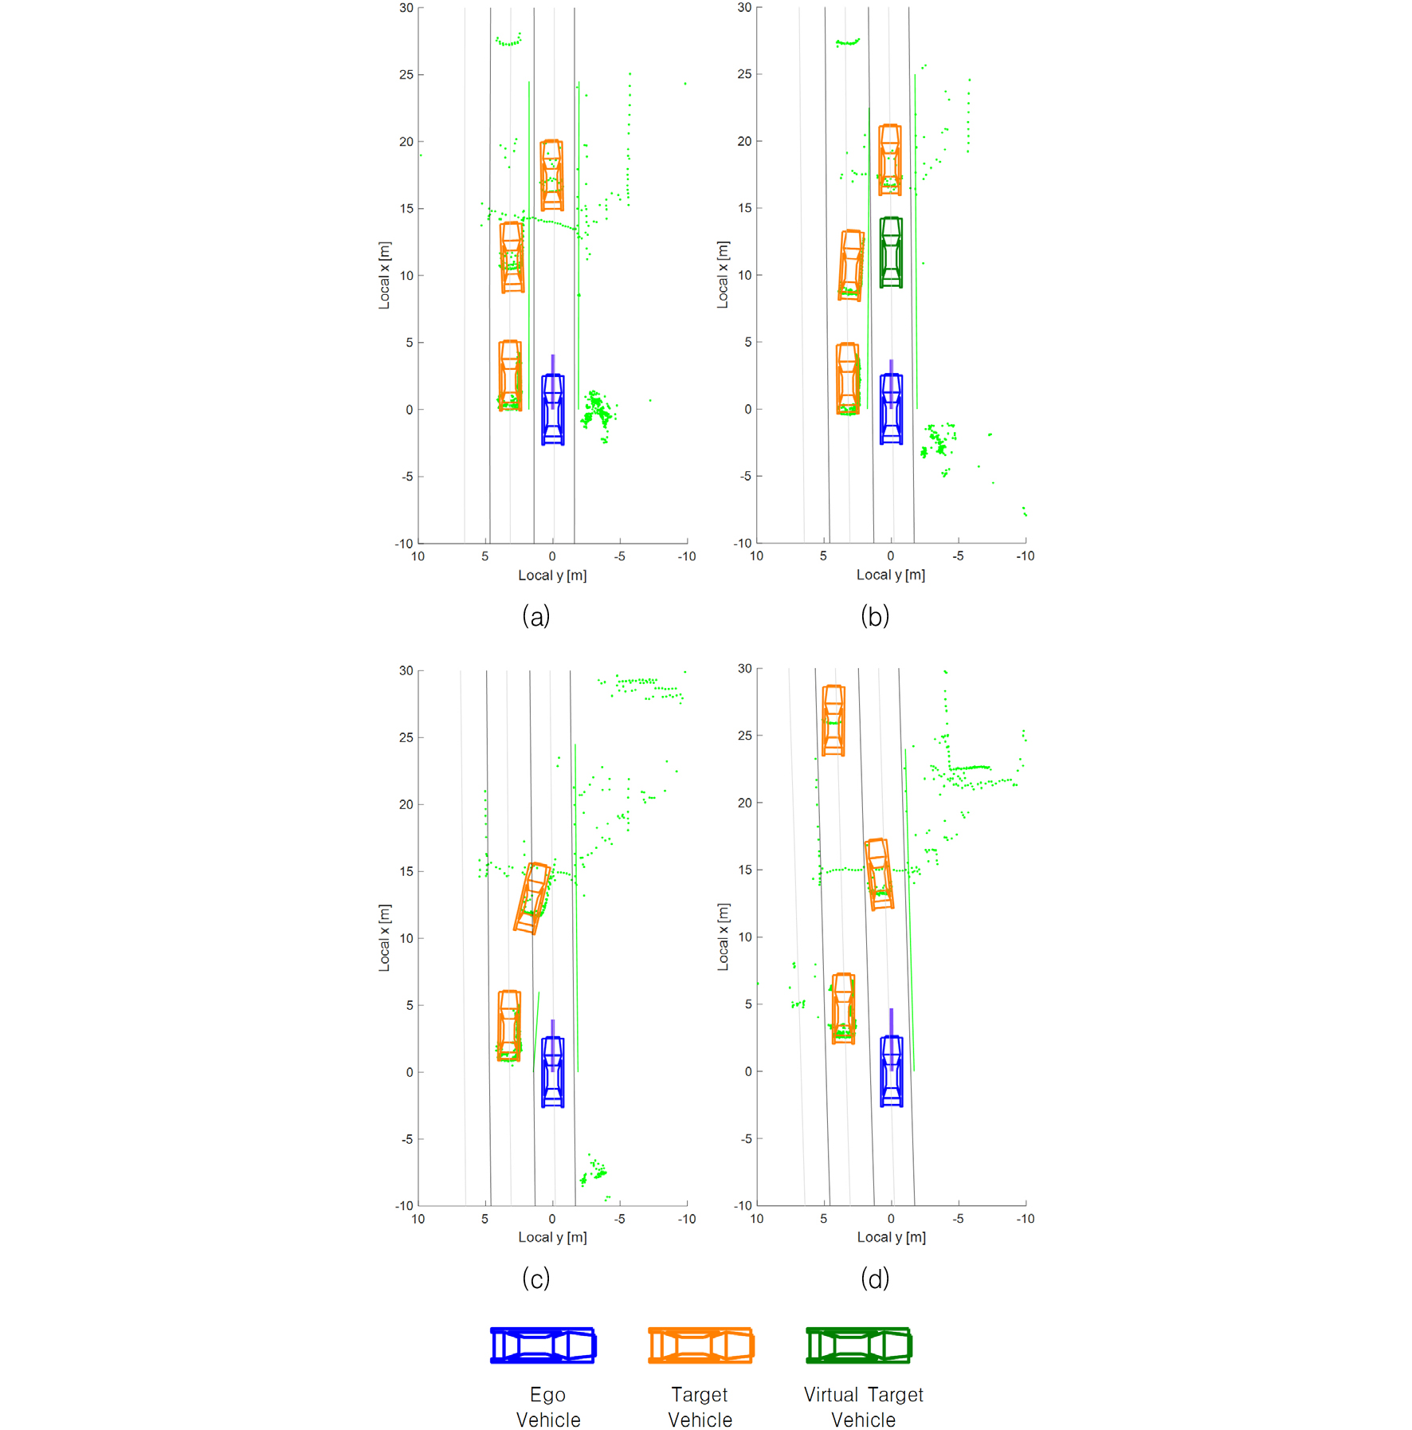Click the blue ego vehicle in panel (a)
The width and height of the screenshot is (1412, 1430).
point(552,409)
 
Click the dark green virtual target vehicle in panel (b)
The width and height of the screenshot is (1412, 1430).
point(891,252)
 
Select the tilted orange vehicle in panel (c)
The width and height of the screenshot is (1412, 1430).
point(532,898)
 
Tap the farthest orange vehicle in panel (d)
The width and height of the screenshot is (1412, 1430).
point(833,720)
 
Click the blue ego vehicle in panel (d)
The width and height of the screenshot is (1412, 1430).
point(891,1071)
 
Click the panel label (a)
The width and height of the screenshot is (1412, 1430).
point(535,616)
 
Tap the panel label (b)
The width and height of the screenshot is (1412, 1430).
point(874,616)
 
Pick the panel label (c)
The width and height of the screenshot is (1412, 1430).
point(535,1279)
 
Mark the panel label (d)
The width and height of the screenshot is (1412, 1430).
point(874,1279)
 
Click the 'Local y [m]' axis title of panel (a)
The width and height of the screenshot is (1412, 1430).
point(552,576)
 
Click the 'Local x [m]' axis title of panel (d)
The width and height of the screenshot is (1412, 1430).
point(723,937)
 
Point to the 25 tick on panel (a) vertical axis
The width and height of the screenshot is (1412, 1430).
point(406,75)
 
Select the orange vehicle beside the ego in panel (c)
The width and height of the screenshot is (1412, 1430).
point(509,1025)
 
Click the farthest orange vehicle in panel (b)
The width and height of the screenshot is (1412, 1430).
point(889,159)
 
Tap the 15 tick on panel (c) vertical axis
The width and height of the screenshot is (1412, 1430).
point(406,871)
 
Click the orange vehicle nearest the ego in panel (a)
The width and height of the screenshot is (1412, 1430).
point(510,375)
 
